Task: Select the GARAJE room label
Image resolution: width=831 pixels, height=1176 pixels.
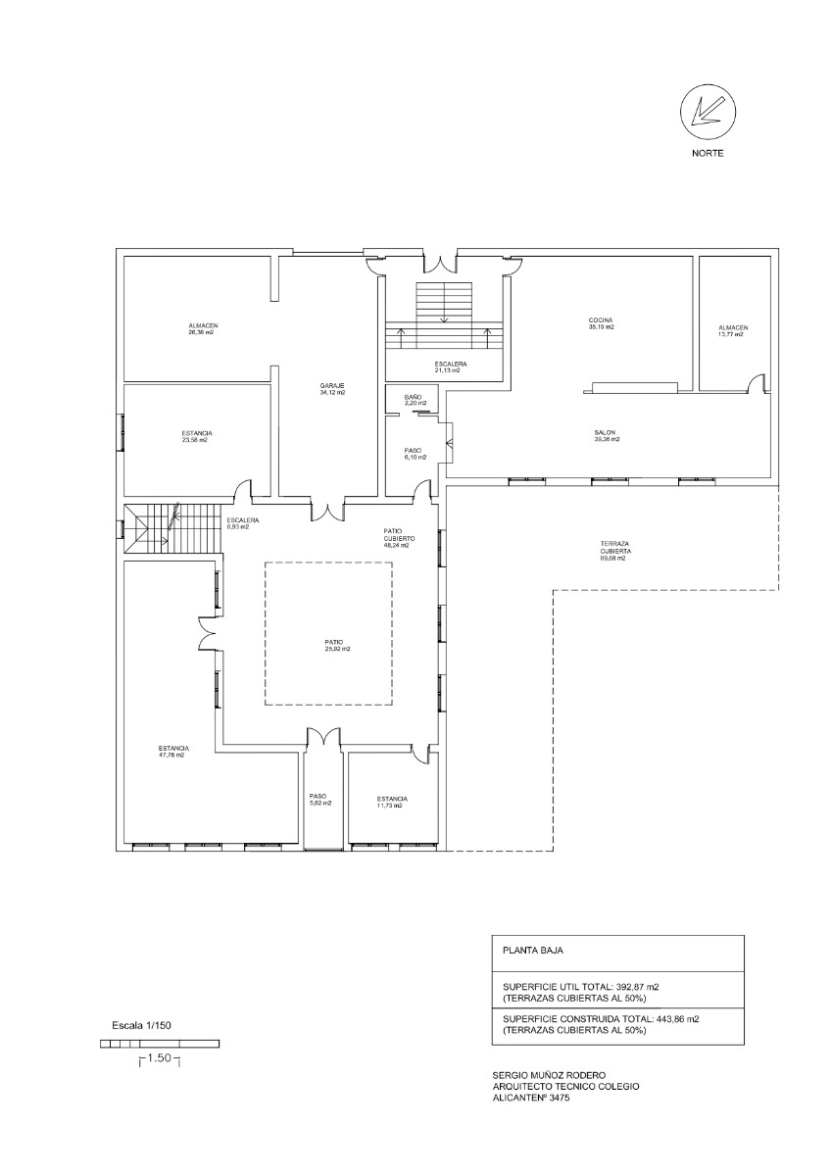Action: coord(332,388)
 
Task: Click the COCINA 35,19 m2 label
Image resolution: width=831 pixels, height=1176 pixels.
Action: coord(601,323)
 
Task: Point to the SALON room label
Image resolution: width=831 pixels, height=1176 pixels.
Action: coord(606,435)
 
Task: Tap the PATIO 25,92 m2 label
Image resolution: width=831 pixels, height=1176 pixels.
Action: coord(337,645)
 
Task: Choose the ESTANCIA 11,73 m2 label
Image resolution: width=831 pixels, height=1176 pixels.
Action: coord(392,802)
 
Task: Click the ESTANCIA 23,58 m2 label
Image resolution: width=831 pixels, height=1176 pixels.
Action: coord(197,436)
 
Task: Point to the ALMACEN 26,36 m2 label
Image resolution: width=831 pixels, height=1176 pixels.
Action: coord(202,329)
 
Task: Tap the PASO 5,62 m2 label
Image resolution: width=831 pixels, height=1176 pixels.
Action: coord(319,800)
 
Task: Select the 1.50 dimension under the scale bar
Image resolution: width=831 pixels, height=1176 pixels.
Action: coord(161,1058)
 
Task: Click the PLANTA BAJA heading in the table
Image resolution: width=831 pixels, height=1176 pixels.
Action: coord(533,950)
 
